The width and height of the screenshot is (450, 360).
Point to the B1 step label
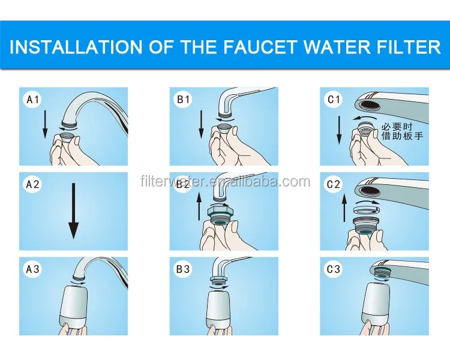click(x=184, y=99)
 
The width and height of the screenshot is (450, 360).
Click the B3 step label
click(x=184, y=269)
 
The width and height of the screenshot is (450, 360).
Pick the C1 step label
click(x=334, y=99)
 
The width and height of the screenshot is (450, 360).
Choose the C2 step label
click(x=334, y=184)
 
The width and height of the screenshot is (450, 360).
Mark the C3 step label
click(x=334, y=269)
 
